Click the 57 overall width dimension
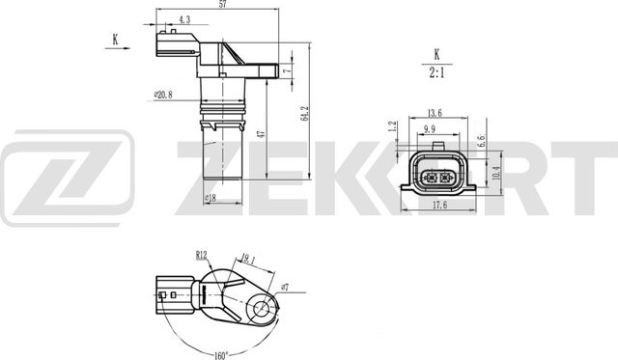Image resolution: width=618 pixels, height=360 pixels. (223, 6)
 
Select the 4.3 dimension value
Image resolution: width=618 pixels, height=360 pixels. (183, 19)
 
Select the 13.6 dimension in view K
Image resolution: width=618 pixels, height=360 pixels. (435, 112)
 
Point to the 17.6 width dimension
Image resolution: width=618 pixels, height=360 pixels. (438, 203)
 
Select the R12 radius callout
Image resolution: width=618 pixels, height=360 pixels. (201, 255)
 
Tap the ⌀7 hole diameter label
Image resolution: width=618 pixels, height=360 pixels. (285, 286)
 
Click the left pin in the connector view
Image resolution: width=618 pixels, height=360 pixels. (429, 178)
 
